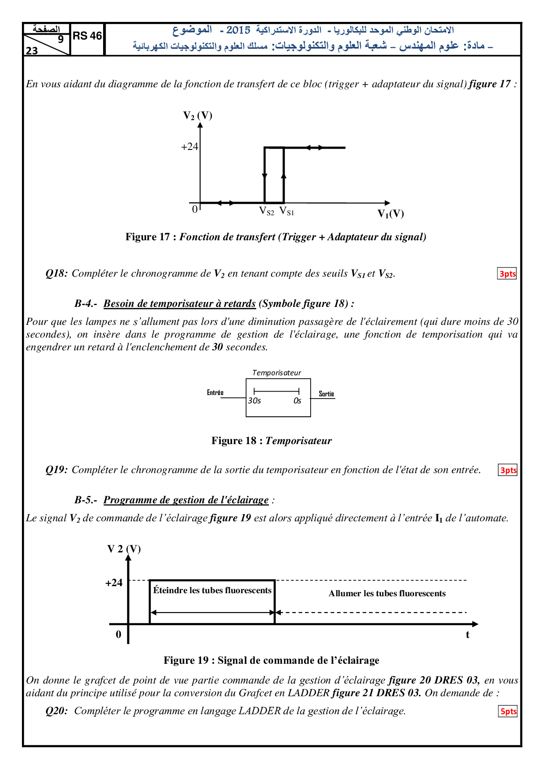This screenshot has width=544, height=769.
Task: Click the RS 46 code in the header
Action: click(87, 36)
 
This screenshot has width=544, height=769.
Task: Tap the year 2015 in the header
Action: click(238, 30)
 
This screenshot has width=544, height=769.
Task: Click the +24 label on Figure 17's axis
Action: click(190, 147)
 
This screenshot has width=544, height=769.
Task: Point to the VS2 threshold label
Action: click(267, 212)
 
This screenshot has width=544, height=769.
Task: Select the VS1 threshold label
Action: click(287, 211)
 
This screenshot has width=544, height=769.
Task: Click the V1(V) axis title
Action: click(390, 214)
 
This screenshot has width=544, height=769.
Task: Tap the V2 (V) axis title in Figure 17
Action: click(197, 116)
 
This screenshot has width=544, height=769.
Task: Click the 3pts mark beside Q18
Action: click(507, 274)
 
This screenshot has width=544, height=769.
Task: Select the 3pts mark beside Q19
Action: click(508, 470)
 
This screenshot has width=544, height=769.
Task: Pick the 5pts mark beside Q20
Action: click(508, 711)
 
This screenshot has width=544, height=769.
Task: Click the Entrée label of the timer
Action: click(215, 393)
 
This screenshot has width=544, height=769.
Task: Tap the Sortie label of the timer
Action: click(326, 394)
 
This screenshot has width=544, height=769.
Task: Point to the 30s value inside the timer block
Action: click(254, 401)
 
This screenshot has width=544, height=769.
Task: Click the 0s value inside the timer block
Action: click(297, 401)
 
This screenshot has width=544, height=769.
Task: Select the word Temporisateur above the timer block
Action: click(276, 373)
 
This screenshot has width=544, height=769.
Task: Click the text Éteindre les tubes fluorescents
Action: click(212, 591)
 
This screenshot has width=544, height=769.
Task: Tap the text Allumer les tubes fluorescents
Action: click(387, 594)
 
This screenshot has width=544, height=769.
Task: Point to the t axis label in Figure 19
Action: click(468, 635)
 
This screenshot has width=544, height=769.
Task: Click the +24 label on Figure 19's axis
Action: click(114, 583)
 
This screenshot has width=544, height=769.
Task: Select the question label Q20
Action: click(57, 711)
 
